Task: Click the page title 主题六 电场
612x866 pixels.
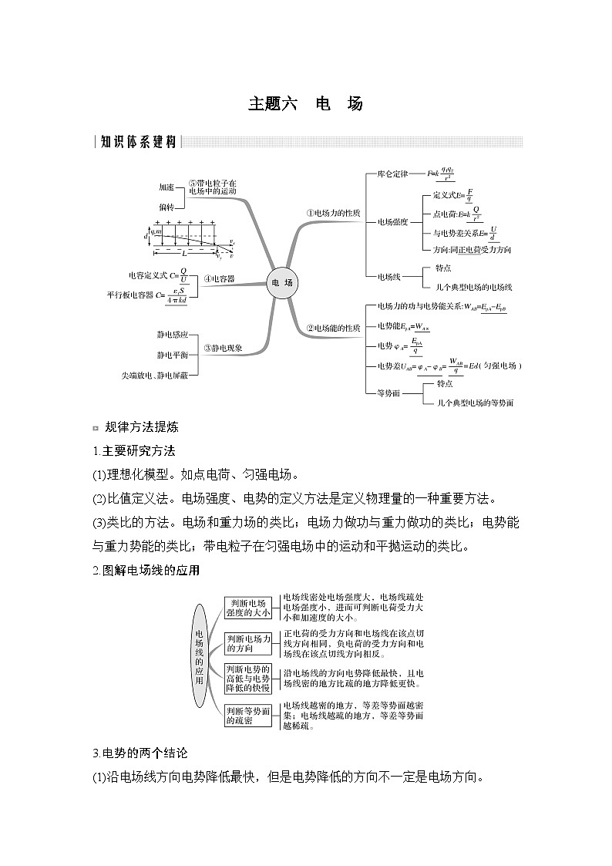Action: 305,103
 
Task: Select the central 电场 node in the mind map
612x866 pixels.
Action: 281,283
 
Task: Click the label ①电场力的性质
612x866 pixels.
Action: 333,213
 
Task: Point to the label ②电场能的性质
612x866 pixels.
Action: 333,328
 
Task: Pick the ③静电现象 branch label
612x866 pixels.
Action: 223,348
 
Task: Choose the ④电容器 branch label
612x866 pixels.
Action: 219,278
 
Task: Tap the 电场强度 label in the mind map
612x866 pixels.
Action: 392,222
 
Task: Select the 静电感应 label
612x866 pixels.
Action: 172,335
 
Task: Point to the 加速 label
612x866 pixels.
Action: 166,187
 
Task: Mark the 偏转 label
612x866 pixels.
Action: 166,207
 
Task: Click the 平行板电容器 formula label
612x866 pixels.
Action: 146,295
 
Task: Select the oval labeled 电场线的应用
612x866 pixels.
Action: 199,656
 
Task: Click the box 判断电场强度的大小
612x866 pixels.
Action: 248,608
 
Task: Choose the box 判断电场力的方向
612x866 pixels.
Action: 248,643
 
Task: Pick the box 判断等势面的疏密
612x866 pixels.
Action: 248,715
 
